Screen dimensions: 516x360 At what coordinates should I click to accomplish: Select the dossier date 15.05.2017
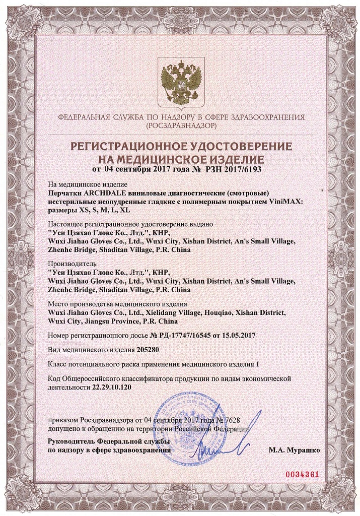(234, 335)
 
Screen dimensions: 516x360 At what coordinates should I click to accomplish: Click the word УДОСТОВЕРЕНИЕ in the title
(236, 147)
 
